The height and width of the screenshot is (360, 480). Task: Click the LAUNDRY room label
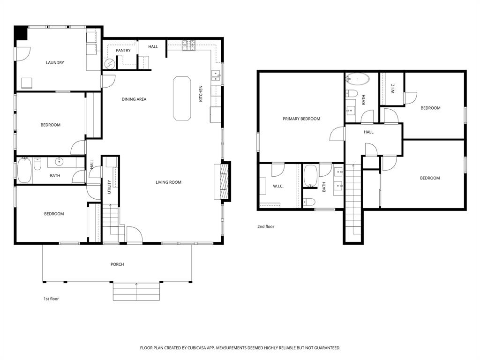coord(55,63)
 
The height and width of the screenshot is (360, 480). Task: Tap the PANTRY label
coord(123,51)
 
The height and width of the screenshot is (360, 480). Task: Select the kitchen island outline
coord(182,98)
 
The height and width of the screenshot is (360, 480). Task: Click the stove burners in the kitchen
coord(189,45)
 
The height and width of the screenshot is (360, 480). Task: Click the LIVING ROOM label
coord(168,182)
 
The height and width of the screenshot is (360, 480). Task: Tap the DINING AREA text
coord(134,99)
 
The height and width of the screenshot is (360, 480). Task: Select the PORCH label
coord(117,264)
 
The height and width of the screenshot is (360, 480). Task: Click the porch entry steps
coord(136,291)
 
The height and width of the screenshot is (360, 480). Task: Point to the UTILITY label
coord(109,187)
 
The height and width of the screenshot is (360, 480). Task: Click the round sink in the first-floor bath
coord(59,162)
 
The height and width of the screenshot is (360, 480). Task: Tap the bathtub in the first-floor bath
coord(24,171)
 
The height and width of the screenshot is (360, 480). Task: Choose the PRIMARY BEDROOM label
coord(301,119)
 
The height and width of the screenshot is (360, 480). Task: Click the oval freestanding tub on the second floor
coord(358,79)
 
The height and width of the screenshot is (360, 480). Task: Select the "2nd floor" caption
coord(266,227)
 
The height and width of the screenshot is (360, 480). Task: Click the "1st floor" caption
coord(51,299)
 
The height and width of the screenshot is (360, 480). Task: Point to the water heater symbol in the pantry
coord(109,63)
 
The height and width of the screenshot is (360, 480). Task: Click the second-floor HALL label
coord(368,132)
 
